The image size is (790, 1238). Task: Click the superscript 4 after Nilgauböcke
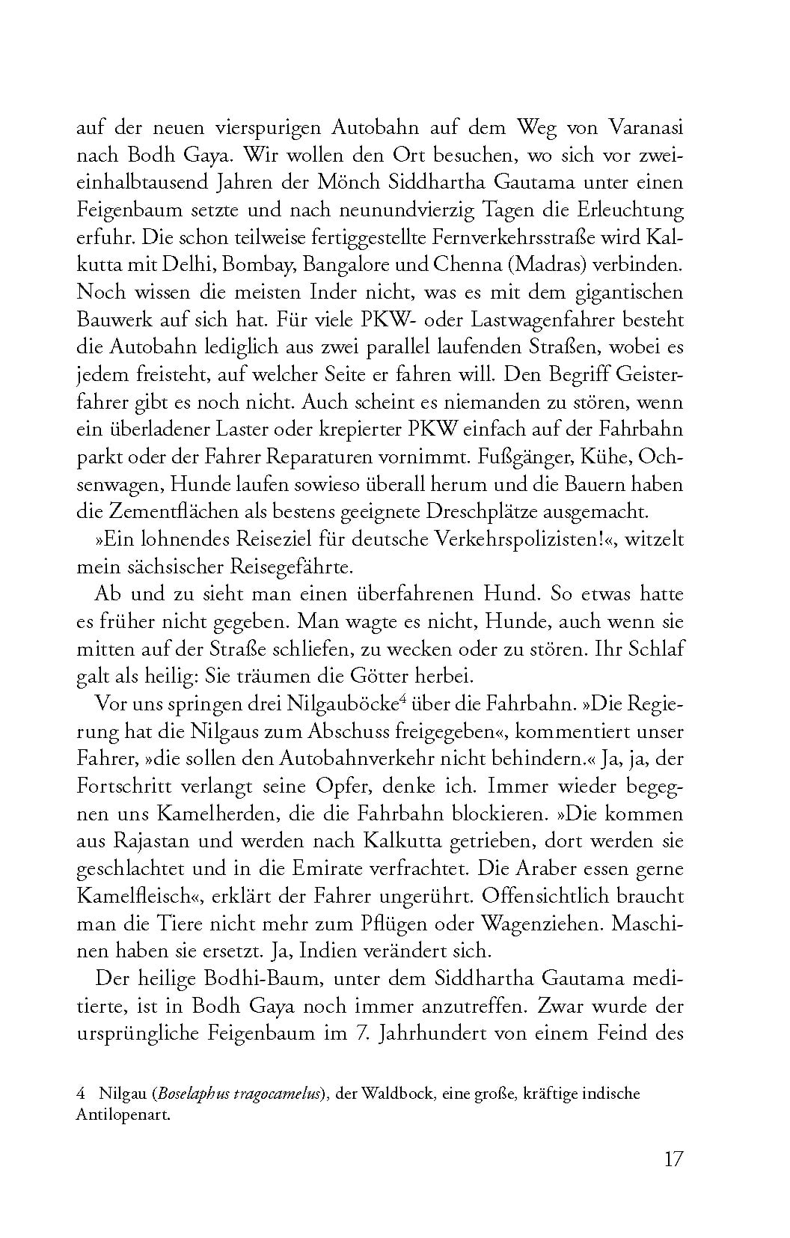(402, 699)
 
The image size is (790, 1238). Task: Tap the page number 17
(673, 1159)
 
